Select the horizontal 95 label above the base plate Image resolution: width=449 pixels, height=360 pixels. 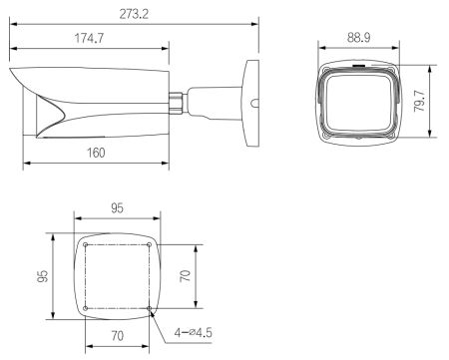pos(118,210)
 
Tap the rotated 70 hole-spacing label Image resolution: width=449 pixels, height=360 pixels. pos(185,276)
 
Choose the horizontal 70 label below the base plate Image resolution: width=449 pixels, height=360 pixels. pos(117,336)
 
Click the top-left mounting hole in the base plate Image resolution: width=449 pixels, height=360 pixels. pos(87,245)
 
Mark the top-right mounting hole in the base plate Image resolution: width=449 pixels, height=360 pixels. pos(149,245)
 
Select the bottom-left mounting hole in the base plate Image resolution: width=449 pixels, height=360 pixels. pos(87,307)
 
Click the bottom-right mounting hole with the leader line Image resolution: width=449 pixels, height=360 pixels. pos(149,307)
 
